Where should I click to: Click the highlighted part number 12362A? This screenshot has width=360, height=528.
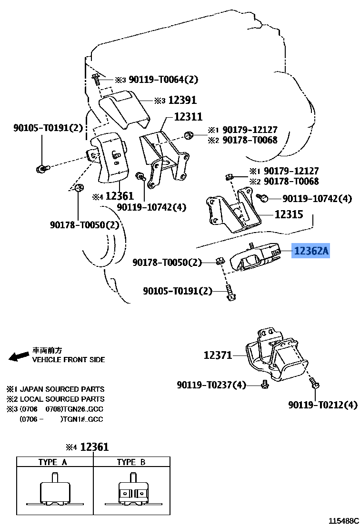click(311, 251)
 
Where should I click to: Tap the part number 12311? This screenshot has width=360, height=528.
click(188, 116)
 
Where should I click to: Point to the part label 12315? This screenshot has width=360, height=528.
click(289, 214)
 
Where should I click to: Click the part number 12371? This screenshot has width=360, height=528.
click(218, 355)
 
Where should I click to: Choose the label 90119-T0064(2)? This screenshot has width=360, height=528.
click(163, 80)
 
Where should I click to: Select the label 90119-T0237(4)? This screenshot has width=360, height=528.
click(211, 385)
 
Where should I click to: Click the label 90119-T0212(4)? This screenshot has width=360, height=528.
click(322, 405)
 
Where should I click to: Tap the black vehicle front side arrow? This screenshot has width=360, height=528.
click(19, 356)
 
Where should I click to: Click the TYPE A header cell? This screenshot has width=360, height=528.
click(55, 462)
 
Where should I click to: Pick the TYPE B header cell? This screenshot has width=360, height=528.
click(131, 462)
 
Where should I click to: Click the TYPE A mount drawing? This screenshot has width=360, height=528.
click(55, 491)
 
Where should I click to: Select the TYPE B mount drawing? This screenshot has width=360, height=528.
click(131, 491)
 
